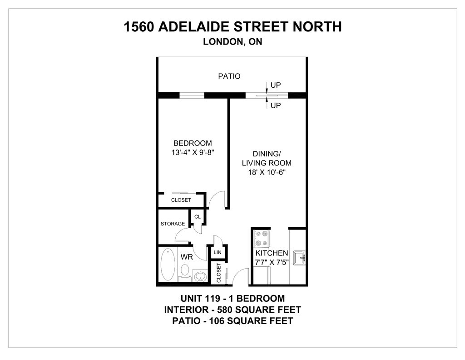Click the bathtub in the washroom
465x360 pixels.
click(x=167, y=265)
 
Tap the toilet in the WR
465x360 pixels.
click(x=184, y=270)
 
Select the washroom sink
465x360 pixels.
click(x=199, y=275)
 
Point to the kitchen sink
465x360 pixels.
click(x=300, y=258)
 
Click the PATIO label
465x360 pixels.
click(x=229, y=76)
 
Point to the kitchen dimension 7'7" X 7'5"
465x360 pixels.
click(x=272, y=262)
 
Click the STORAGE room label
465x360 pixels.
click(x=173, y=224)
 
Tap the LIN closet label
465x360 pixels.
click(x=218, y=252)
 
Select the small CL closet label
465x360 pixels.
click(x=197, y=217)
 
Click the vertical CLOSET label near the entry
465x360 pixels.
click(x=218, y=273)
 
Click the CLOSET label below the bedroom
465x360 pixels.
click(x=181, y=200)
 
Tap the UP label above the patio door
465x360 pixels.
click(x=276, y=85)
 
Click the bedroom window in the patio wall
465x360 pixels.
click(x=192, y=95)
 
